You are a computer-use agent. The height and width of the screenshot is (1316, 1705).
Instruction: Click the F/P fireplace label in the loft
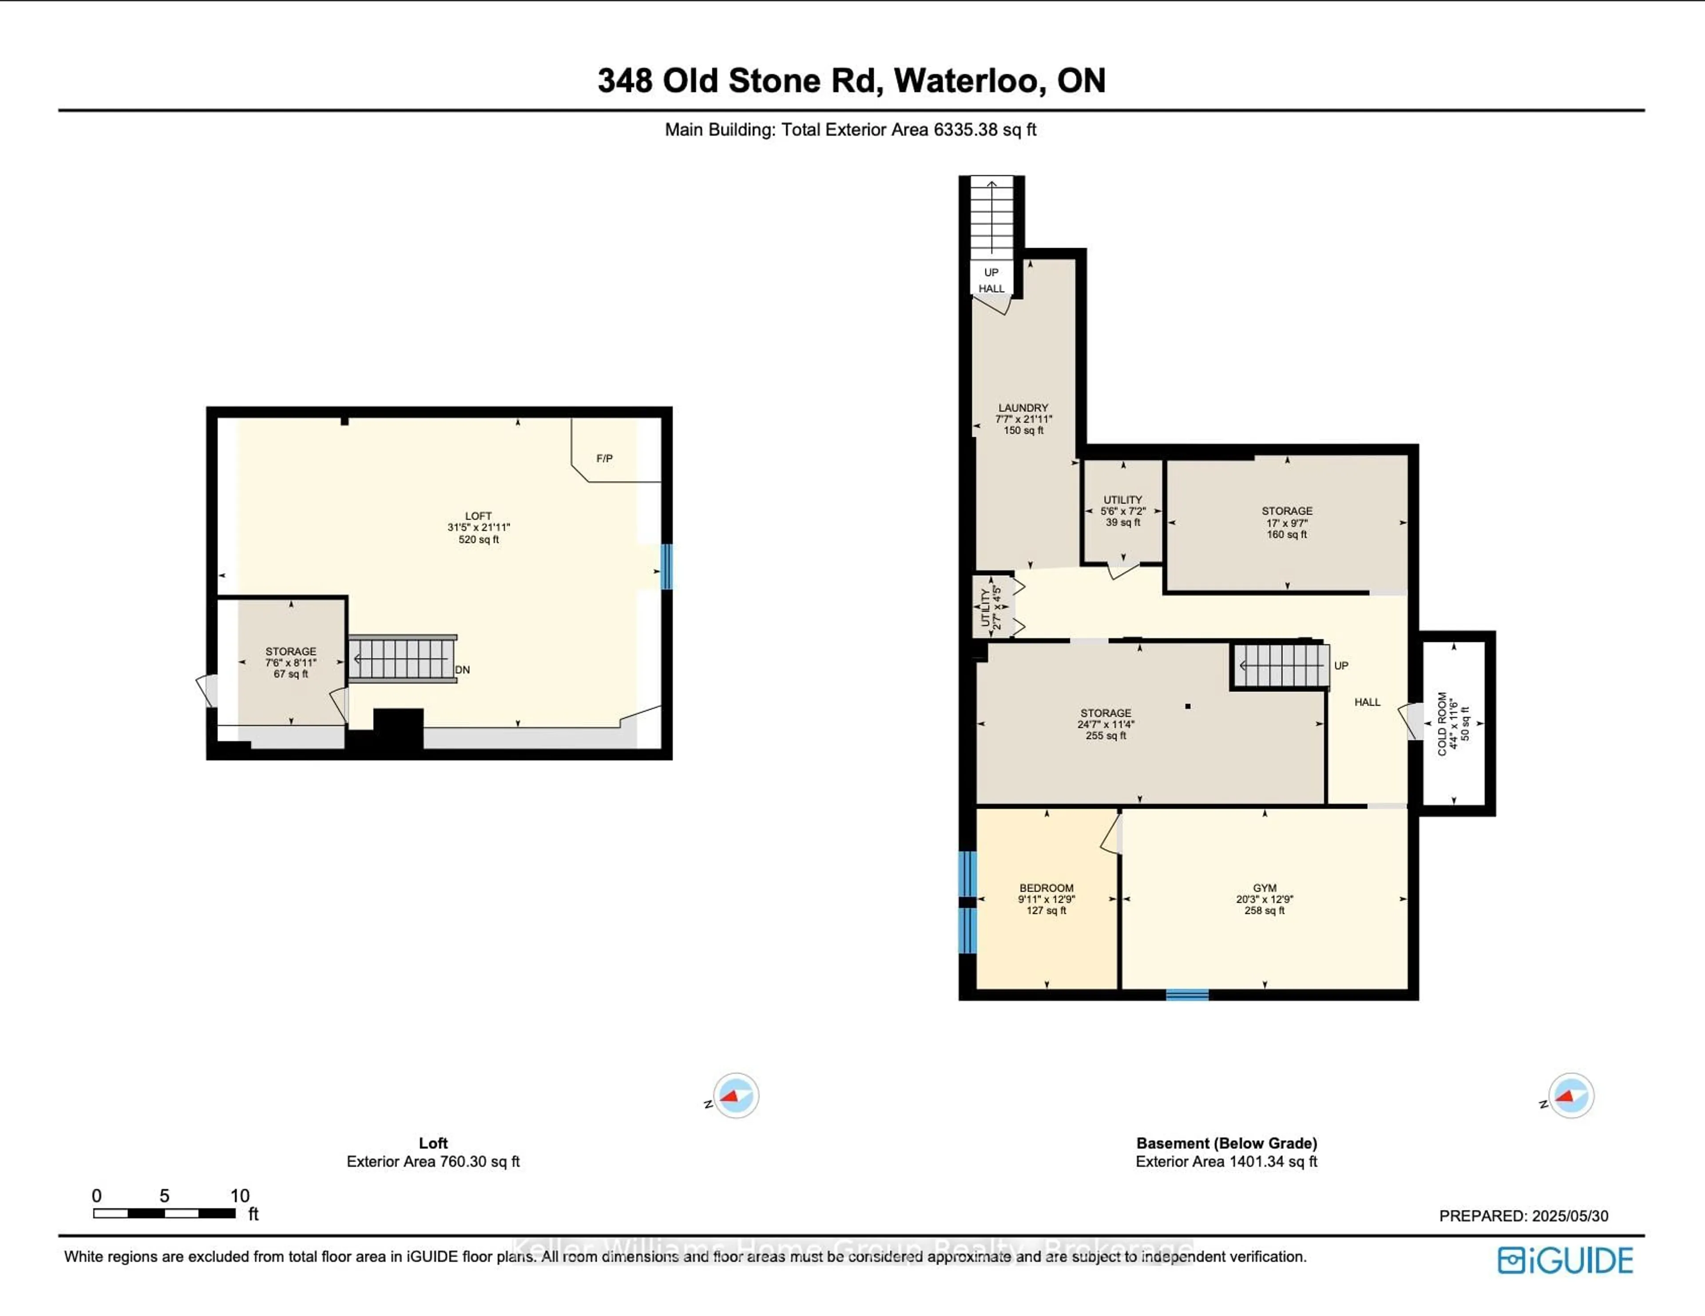point(604,458)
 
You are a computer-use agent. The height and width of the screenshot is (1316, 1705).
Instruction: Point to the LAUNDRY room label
point(1023,419)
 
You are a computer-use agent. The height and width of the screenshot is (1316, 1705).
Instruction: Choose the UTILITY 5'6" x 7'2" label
point(1122,510)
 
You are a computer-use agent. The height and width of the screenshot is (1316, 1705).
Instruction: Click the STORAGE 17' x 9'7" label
point(1287,522)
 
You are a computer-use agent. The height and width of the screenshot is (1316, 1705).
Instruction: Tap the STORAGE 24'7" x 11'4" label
point(1106,723)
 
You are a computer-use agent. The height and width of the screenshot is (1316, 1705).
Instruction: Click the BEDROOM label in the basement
point(1046,898)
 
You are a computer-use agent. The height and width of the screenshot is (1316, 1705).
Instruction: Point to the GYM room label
point(1264,898)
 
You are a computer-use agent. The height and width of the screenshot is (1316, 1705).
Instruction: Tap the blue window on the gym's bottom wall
point(1187,994)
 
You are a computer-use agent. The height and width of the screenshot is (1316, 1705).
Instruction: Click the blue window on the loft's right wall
point(666,566)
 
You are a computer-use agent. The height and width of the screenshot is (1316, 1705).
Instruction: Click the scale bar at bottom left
point(164,1213)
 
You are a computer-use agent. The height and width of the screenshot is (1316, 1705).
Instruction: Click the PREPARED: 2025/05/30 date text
point(1523,1215)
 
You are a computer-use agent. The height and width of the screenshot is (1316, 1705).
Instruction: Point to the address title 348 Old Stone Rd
point(851,80)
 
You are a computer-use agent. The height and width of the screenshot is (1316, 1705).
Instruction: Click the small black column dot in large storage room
point(1187,707)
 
